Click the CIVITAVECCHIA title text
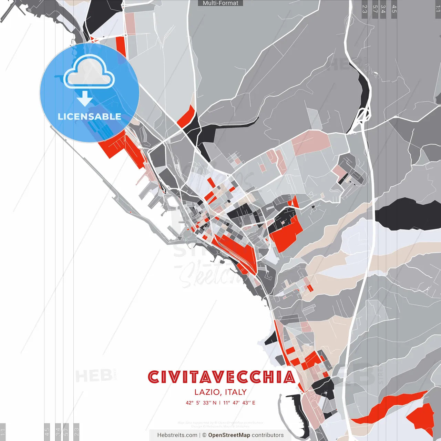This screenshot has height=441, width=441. [x=221, y=377]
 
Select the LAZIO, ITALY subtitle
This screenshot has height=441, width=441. [x=220, y=392]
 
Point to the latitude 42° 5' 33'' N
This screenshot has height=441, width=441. [x=201, y=403]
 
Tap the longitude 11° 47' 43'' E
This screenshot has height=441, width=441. [x=239, y=403]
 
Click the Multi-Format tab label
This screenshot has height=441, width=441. [x=220, y=3]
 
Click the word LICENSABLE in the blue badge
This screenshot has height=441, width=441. [x=89, y=117]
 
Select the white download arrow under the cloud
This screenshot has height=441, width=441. [x=85, y=99]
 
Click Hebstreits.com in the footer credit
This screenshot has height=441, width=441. [x=177, y=435]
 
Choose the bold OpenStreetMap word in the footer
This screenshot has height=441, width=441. [x=229, y=435]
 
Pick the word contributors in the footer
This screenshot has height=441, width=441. [x=268, y=435]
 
